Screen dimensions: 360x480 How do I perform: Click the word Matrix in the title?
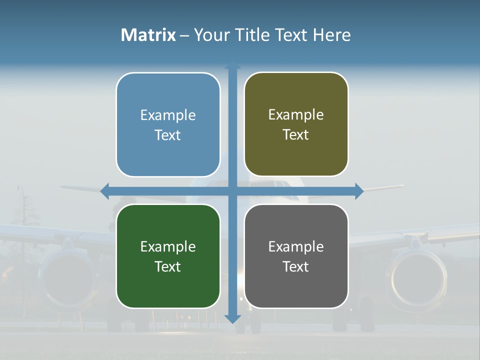click(x=148, y=35)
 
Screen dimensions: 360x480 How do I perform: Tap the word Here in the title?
click(x=331, y=35)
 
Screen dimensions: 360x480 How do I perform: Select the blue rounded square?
click(x=168, y=124)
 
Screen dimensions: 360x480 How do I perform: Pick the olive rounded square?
click(x=296, y=124)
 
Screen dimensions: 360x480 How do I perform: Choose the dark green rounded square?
click(x=168, y=256)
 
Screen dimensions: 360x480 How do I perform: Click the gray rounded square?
click(x=296, y=256)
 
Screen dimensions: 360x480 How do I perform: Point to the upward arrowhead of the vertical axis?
click(x=232, y=64)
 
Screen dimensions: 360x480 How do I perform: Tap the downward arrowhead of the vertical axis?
click(x=232, y=318)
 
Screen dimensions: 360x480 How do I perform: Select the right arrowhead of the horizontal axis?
click(x=359, y=191)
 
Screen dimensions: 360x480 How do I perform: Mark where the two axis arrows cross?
click(x=232, y=191)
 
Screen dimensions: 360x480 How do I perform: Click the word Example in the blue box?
click(x=168, y=115)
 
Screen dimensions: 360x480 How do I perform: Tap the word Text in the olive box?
click(x=296, y=134)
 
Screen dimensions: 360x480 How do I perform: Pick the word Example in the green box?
click(x=168, y=246)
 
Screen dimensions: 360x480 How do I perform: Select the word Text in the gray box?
click(x=296, y=266)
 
